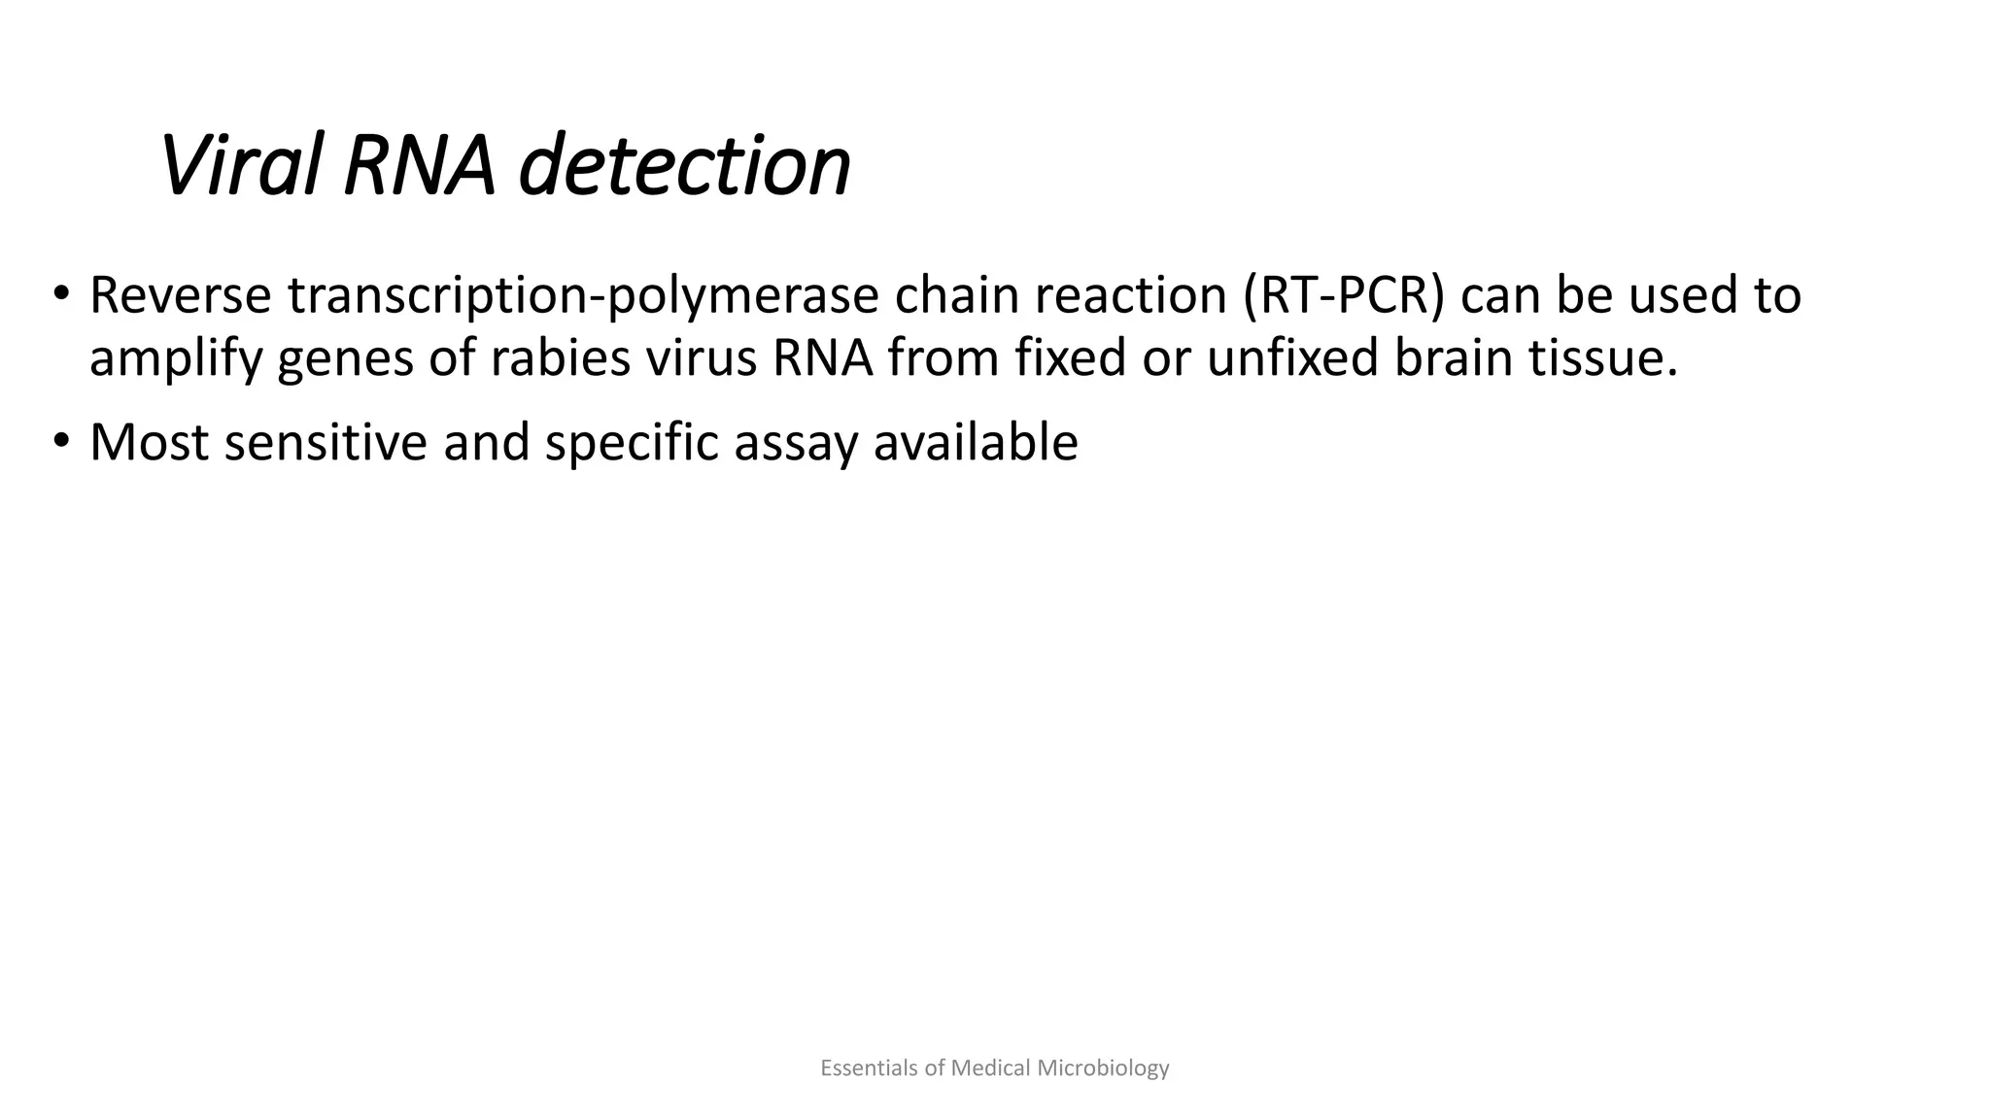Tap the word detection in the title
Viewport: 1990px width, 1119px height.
click(684, 166)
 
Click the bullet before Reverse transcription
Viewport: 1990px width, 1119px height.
click(61, 293)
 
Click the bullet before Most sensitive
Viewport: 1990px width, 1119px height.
click(61, 441)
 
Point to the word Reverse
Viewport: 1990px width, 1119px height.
click(180, 295)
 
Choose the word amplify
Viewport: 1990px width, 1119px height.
click(175, 359)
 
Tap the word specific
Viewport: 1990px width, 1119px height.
click(631, 444)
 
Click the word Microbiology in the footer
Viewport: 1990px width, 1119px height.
click(1103, 1068)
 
